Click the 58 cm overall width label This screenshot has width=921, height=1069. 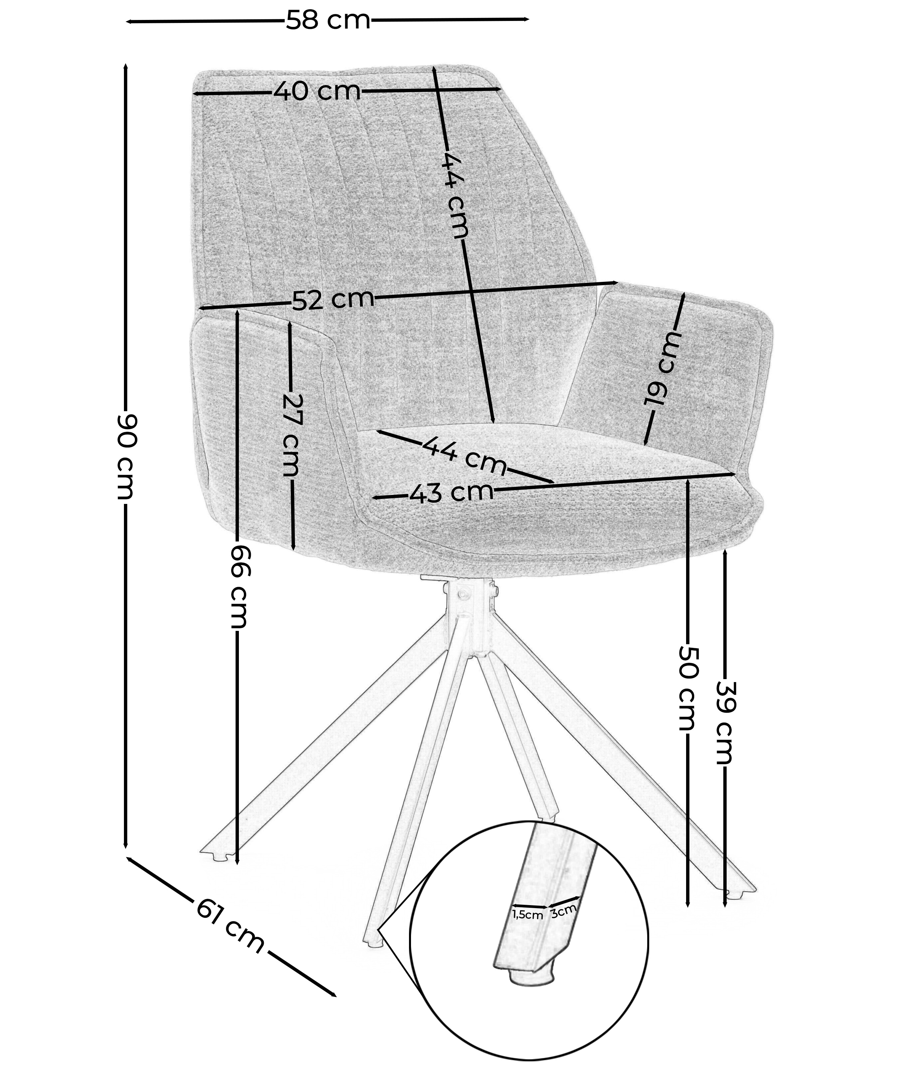click(328, 21)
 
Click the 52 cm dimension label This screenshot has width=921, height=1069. click(333, 300)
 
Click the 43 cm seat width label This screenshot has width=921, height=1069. click(451, 493)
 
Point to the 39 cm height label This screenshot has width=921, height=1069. click(725, 722)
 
